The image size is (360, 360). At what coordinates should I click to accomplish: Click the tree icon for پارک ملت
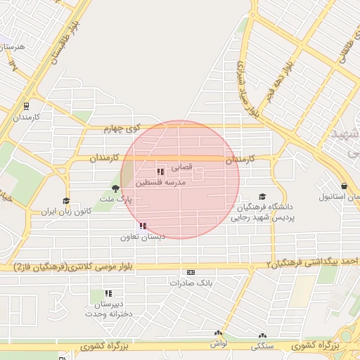coord(115,188)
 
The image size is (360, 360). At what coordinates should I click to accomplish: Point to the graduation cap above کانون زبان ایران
coord(66,200)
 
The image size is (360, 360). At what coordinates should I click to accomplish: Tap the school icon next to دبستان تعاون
coord(143,226)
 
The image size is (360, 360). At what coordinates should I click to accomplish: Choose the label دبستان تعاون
coord(162,237)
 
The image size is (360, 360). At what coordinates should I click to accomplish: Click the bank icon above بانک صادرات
coord(190,272)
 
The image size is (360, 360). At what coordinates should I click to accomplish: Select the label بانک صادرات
coord(190,283)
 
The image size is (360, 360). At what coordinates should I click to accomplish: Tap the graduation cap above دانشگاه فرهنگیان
coord(263,197)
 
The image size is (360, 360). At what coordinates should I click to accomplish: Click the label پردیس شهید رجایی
coord(264,218)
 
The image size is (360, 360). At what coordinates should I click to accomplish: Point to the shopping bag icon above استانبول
coord(345,186)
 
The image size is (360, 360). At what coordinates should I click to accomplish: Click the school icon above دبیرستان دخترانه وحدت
coord(109,293)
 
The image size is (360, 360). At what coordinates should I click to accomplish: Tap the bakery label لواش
coord(217,344)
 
